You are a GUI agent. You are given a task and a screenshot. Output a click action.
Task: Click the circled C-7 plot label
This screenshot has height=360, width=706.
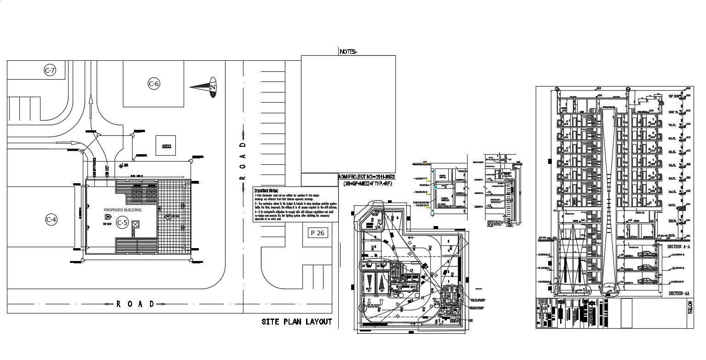coord(49,70)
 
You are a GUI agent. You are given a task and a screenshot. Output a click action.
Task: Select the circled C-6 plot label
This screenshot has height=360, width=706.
coord(154,84)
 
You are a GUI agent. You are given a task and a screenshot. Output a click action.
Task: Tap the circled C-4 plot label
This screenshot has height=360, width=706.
coord(51,220)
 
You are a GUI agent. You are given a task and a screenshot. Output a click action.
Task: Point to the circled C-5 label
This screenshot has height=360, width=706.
coord(122,223)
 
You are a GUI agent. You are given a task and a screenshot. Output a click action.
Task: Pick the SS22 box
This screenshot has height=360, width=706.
coord(166,146)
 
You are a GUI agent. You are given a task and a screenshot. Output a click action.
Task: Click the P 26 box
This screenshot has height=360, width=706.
coord(318,233)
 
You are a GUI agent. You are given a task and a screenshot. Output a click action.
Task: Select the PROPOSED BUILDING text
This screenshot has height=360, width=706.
coord(122,210)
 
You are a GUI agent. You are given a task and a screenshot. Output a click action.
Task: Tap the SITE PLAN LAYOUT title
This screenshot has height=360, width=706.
coord(296,322)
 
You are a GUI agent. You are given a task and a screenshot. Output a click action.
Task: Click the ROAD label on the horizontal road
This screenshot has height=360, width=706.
coord(135,304)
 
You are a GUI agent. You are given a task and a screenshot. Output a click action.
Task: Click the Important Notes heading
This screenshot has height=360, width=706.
coord(266,190)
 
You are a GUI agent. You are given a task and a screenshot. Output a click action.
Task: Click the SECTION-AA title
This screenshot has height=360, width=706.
coord(679,293)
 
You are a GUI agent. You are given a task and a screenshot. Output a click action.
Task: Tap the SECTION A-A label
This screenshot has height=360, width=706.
coord(678,247)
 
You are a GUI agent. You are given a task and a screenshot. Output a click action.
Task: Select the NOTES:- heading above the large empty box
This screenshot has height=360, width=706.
coord(348,52)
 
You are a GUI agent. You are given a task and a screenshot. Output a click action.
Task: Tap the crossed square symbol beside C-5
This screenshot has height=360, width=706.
coord(135,224)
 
